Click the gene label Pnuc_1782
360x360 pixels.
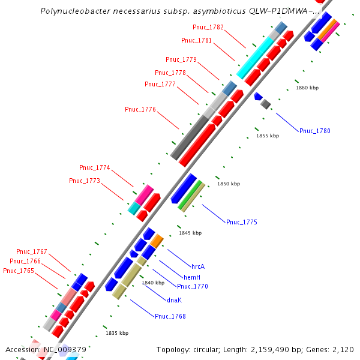[x=208, y=27]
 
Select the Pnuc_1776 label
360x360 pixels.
[x=140, y=109]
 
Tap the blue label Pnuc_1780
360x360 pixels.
[x=314, y=131]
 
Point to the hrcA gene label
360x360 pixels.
[x=198, y=266]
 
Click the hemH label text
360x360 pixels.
[x=191, y=277]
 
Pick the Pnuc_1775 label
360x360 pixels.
[x=241, y=222]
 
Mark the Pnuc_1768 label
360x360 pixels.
[x=170, y=316]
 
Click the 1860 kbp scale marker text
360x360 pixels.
[x=307, y=88]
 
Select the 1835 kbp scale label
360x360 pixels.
[x=117, y=333]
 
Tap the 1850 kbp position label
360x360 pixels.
[x=229, y=184]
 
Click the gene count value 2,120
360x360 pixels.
[x=342, y=349]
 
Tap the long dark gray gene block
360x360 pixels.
[x=193, y=137]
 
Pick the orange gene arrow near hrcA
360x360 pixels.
[x=157, y=241]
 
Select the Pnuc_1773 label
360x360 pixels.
[x=85, y=181]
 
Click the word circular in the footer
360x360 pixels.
[x=209, y=349]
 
